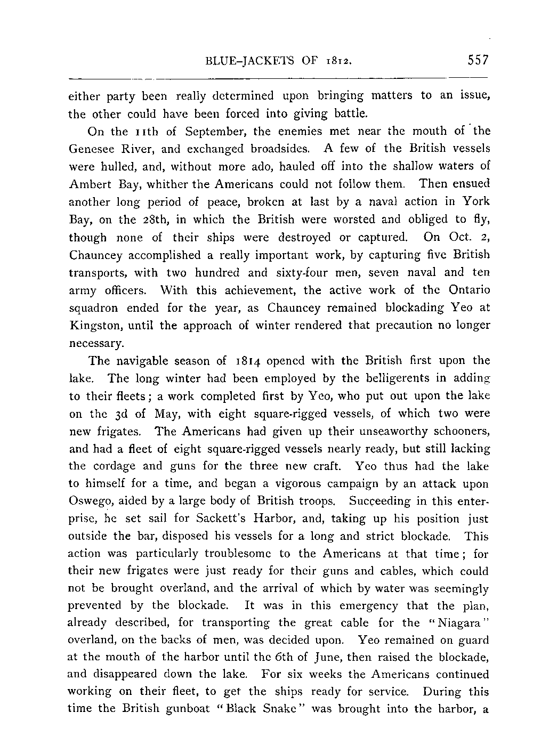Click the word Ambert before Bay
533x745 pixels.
point(88,184)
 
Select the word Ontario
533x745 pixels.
point(468,290)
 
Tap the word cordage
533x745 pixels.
point(117,466)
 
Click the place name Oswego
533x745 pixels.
point(91,501)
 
